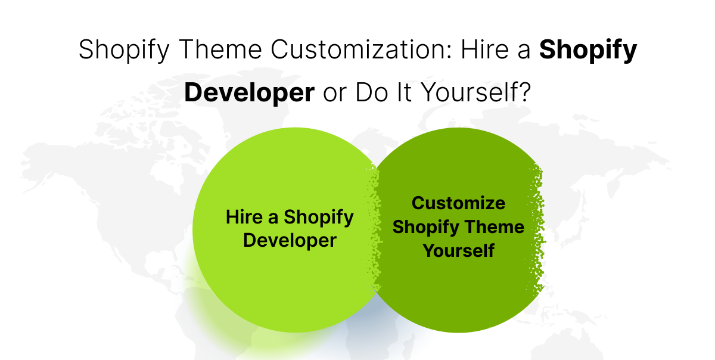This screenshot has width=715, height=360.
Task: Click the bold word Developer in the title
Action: tap(249, 94)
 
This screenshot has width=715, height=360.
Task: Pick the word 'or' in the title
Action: tap(334, 94)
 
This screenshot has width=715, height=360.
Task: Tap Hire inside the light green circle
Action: tap(244, 217)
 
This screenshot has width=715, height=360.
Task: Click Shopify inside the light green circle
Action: tap(319, 218)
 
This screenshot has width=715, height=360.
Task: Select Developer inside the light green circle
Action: tap(290, 241)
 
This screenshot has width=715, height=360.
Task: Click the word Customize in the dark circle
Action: tap(458, 203)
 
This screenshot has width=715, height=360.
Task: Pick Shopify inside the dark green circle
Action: tap(425, 228)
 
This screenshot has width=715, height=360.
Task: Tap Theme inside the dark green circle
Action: tap(495, 227)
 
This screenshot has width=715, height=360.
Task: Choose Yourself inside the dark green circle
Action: tap(458, 251)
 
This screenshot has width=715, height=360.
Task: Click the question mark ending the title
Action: tap(523, 94)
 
